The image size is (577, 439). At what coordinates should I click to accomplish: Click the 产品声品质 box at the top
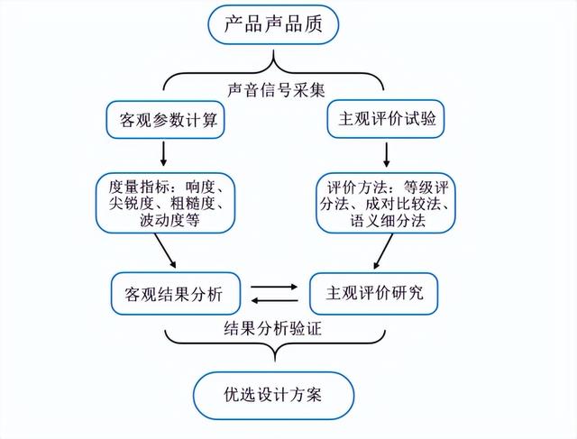pyautogui.click(x=273, y=23)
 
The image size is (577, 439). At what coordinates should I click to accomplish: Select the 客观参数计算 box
pyautogui.click(x=163, y=119)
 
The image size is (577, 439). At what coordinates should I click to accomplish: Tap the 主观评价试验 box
pyautogui.click(x=385, y=119)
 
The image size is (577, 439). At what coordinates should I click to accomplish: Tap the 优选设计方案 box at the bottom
pyautogui.click(x=273, y=393)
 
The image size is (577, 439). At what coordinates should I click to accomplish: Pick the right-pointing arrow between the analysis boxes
pyautogui.click(x=273, y=287)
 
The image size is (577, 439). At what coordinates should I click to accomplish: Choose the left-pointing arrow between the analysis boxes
pyautogui.click(x=273, y=300)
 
